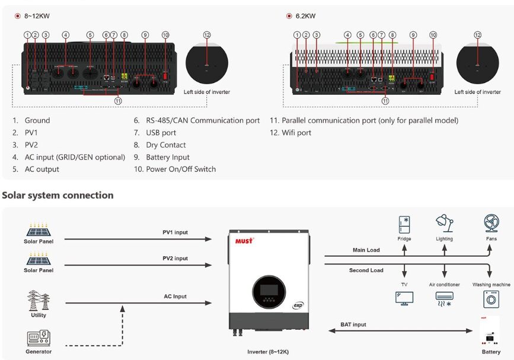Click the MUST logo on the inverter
pyautogui.click(x=244, y=240)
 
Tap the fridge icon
pyautogui.click(x=404, y=225)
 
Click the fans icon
pyautogui.click(x=490, y=224)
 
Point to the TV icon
pyautogui.click(x=404, y=298)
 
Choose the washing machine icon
pyautogui.click(x=491, y=298)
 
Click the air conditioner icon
pyautogui.click(x=444, y=298)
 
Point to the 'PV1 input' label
pyautogui.click(x=175, y=232)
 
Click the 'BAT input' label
pyautogui.click(x=353, y=325)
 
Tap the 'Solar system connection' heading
pyautogui.click(x=58, y=195)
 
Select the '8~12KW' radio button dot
pyautogui.click(x=18, y=16)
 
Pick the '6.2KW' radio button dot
pyautogui.click(x=289, y=16)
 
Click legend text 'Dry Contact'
pyautogui.click(x=166, y=145)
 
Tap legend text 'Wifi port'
pyautogui.click(x=296, y=133)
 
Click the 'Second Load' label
pyautogui.click(x=366, y=270)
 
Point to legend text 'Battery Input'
pyautogui.click(x=168, y=157)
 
